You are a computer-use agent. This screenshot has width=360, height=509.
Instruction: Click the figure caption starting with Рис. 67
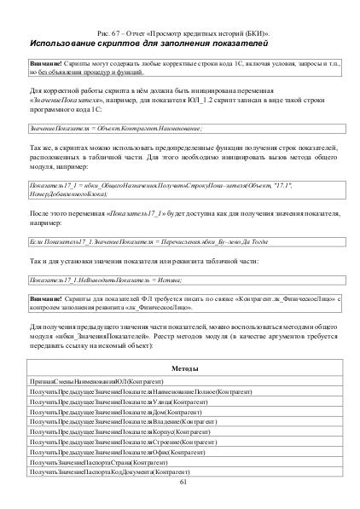180,31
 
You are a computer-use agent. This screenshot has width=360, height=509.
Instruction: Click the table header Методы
180,367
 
